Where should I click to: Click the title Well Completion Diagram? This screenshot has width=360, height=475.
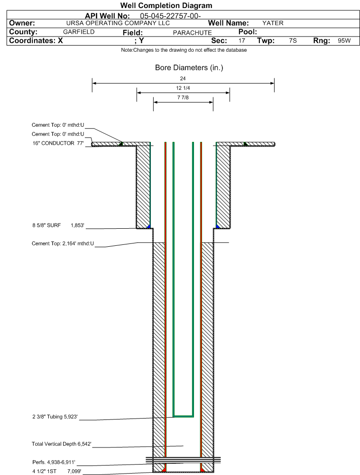click(x=166, y=5)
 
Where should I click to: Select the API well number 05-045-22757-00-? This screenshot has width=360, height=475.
click(x=170, y=16)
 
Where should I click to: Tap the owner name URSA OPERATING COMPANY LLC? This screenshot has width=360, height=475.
click(x=118, y=23)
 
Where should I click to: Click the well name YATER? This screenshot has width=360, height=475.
click(x=273, y=23)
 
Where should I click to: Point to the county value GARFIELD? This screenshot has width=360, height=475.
click(x=79, y=32)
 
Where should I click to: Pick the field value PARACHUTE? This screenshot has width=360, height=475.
click(x=192, y=33)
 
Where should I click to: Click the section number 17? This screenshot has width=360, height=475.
click(x=241, y=41)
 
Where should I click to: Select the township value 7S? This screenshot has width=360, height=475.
click(x=293, y=41)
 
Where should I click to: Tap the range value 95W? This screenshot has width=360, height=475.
click(x=344, y=41)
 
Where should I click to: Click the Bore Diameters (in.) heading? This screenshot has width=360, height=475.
click(x=189, y=67)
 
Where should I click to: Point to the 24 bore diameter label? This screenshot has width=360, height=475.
click(x=183, y=78)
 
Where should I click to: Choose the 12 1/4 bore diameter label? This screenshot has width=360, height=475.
click(x=183, y=88)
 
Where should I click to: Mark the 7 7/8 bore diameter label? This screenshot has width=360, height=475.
click(x=183, y=97)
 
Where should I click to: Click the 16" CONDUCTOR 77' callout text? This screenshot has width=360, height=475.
click(x=58, y=143)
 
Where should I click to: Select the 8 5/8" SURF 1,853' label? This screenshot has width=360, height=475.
click(x=58, y=225)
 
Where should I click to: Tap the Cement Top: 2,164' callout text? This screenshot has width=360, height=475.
click(x=63, y=243)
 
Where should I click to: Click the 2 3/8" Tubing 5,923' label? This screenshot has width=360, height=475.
click(x=55, y=417)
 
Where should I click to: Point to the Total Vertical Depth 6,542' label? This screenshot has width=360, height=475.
click(x=62, y=444)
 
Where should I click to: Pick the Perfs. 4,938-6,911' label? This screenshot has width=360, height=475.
click(x=54, y=462)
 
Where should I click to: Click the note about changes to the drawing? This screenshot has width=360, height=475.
click(x=184, y=50)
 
